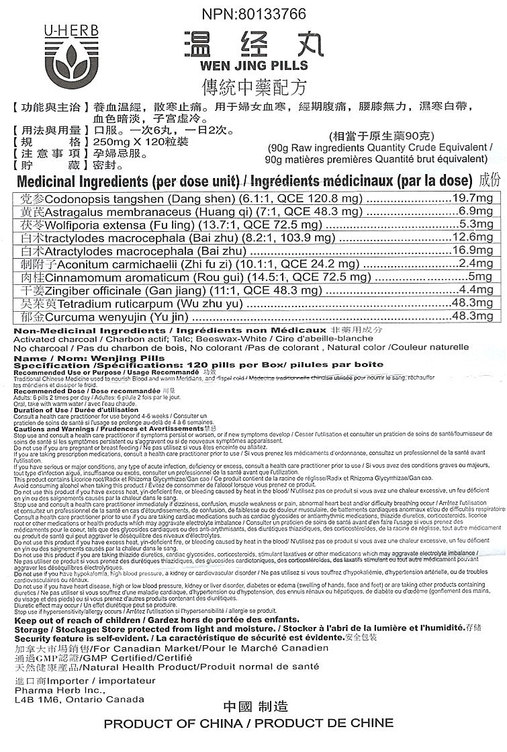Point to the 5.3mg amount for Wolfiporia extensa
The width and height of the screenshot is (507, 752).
(x=477, y=224)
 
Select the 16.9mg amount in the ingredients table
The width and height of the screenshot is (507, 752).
(x=473, y=250)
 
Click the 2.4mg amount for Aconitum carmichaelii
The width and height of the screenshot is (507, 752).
(x=477, y=263)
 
